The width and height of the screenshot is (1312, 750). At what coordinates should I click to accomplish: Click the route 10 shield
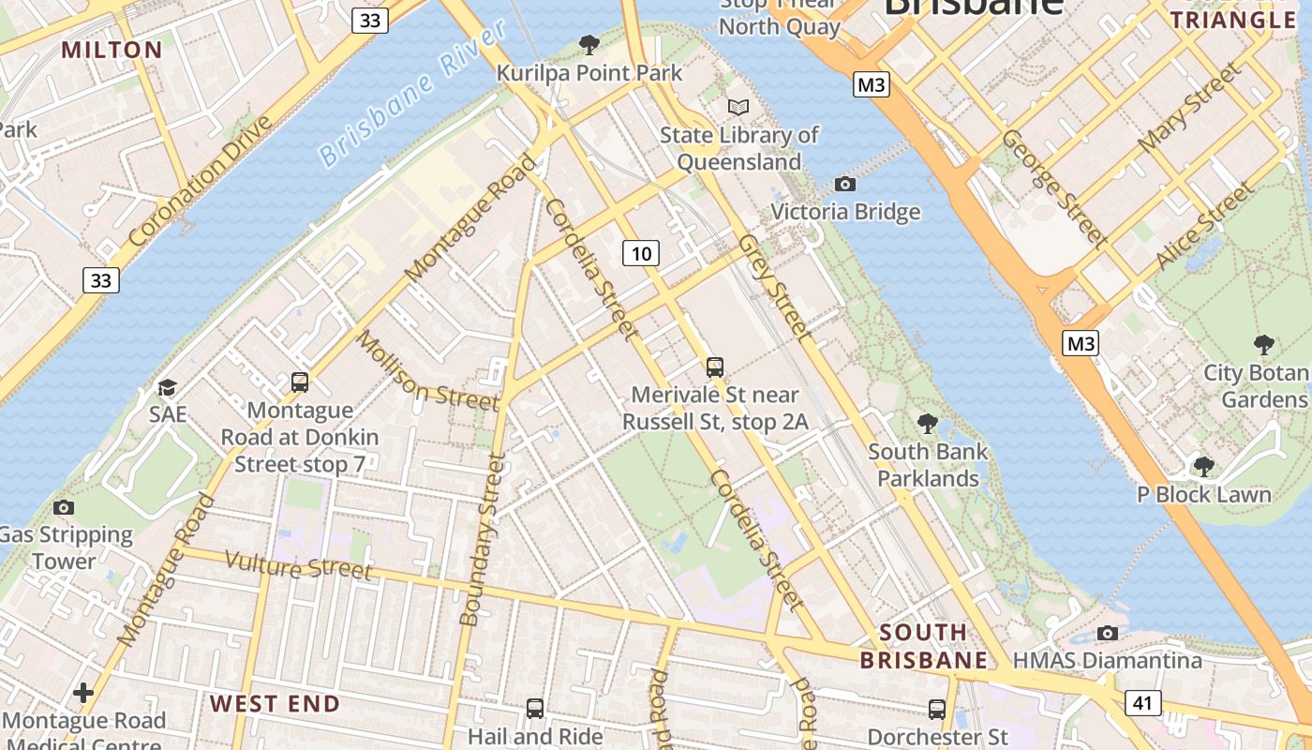point(641,253)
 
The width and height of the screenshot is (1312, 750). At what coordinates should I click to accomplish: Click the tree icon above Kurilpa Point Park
point(589,44)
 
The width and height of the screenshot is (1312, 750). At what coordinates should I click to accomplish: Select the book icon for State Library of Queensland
point(738,107)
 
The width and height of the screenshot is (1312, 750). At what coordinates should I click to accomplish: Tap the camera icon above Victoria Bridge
point(844,184)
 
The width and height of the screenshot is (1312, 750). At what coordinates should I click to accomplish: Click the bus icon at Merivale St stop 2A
point(715,367)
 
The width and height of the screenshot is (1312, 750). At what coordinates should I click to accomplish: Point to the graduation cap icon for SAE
point(167,387)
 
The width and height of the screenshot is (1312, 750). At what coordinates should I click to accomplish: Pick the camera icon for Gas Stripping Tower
point(64,507)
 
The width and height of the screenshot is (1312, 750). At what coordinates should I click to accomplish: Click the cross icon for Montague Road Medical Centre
point(83,693)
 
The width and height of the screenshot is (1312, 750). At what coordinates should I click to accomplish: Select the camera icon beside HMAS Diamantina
point(1107,633)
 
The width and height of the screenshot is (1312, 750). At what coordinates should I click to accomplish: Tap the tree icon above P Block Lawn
point(1204,466)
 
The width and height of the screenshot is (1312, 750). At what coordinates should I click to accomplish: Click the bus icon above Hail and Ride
point(534,708)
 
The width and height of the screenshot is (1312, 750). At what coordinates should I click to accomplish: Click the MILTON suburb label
point(112,50)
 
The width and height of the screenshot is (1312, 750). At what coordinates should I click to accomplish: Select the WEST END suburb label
point(275,703)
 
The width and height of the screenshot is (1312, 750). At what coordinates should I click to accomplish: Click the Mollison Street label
point(426,371)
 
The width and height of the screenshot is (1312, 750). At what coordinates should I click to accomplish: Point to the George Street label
point(1054,187)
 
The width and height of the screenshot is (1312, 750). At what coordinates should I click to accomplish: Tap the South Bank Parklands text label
point(927,465)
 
